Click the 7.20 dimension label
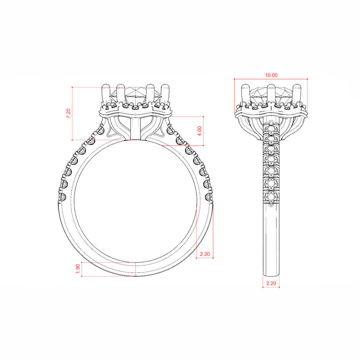tap(68, 113)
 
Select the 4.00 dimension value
tap(200, 131)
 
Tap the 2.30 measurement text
tap(205, 254)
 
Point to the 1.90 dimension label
tap(78, 269)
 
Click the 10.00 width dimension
tap(271, 75)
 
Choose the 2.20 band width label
tap(271, 284)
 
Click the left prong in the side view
tap(245, 94)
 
